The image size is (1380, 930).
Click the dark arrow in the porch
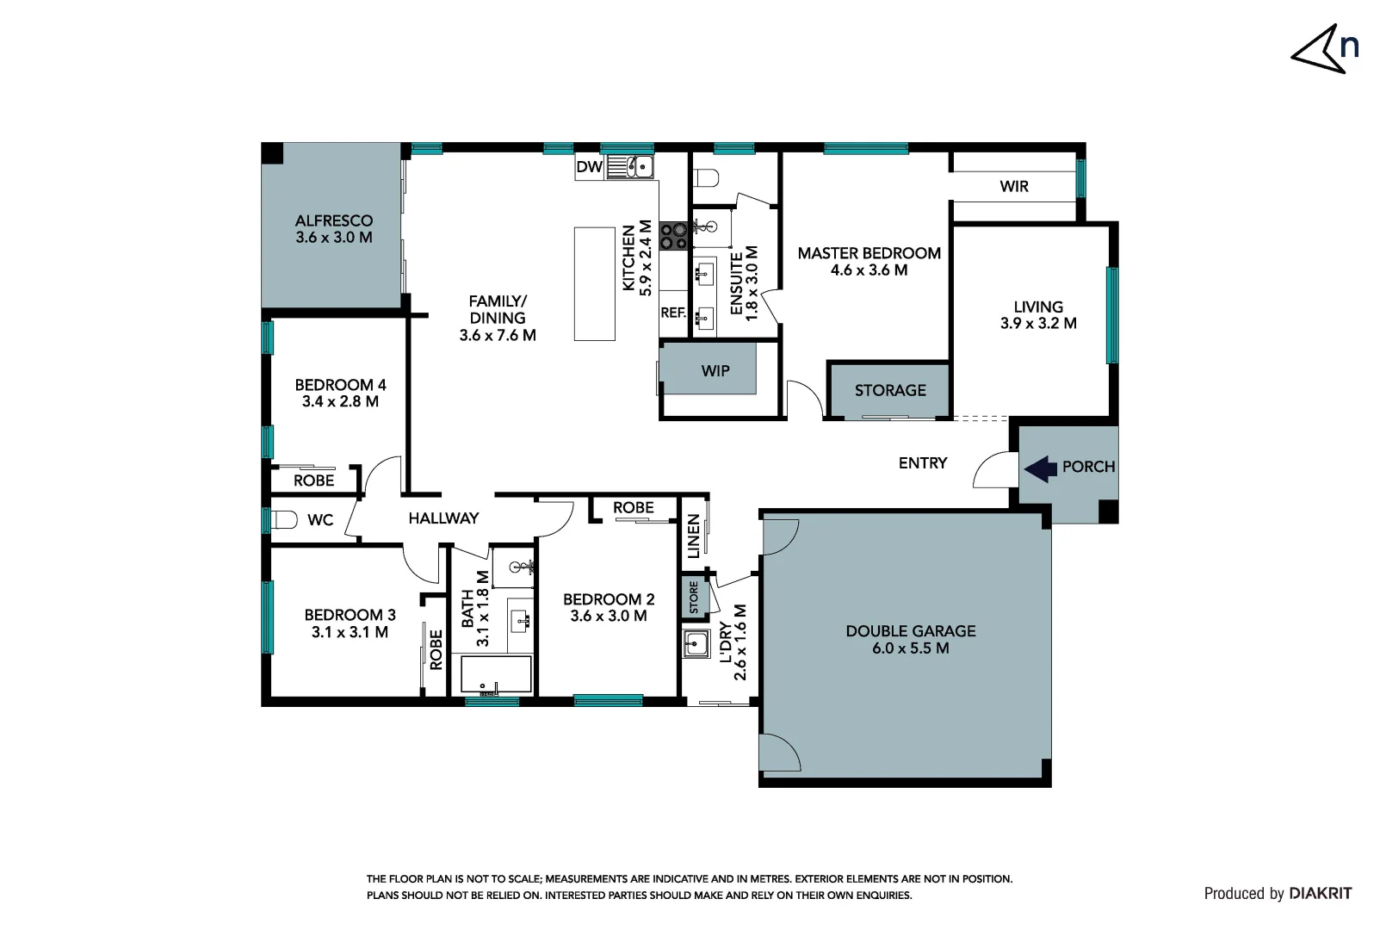1040,468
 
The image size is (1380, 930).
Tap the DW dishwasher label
589,167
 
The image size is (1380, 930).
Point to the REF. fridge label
673,313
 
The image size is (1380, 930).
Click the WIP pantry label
715,371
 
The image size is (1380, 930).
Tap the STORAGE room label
890,391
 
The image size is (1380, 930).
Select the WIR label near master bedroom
1013,187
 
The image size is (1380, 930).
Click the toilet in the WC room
282,520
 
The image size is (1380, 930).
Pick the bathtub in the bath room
495,674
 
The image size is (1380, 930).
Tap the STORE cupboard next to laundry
694,598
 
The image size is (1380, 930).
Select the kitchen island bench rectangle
595,283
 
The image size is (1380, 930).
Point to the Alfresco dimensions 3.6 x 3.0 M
333,238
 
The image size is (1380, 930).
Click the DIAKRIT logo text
1320,894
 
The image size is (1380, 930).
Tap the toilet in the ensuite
707,178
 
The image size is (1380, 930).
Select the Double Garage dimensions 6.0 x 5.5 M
910,648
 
